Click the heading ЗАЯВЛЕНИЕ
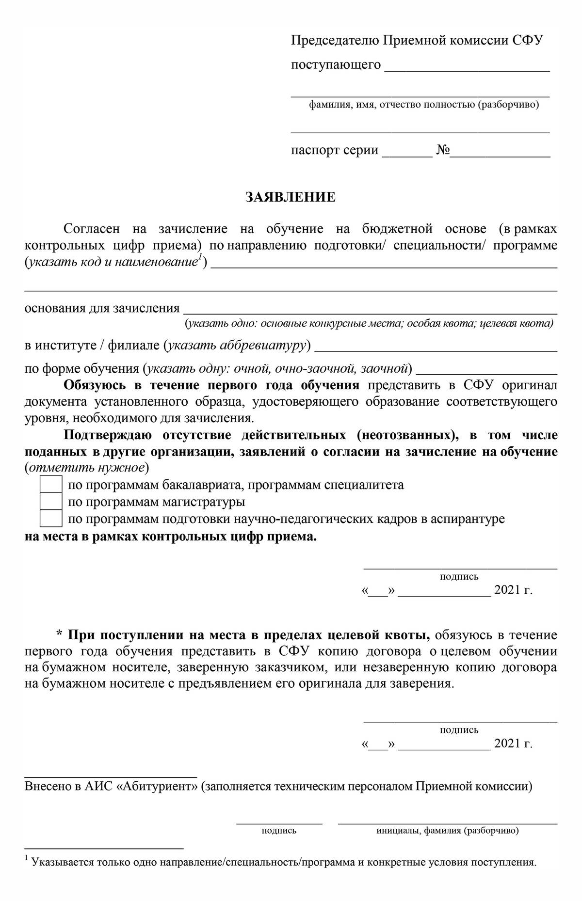[x=290, y=197]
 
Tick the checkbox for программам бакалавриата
[x=51, y=485]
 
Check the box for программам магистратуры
[x=51, y=501]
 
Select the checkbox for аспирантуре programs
[x=51, y=518]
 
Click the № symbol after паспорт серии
[x=443, y=150]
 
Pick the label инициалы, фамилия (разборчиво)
[x=447, y=830]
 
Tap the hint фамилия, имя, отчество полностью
[x=424, y=105]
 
